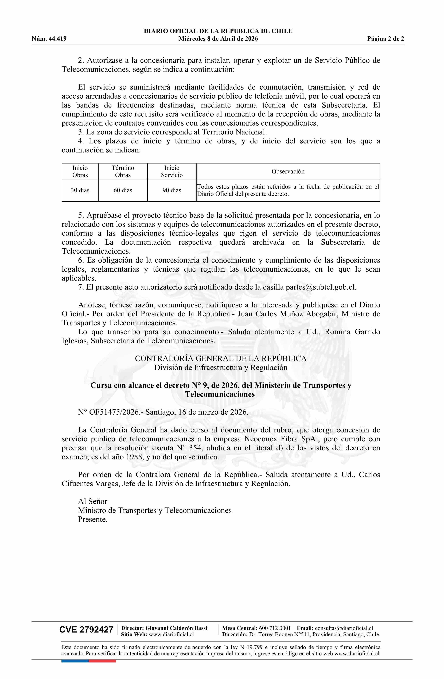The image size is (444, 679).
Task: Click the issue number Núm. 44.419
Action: click(49, 39)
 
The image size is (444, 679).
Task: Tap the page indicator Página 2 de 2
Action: click(385, 39)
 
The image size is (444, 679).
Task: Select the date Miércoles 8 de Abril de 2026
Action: click(218, 39)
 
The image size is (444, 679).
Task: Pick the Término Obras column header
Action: click(123, 171)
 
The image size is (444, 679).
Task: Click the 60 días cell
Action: click(123, 190)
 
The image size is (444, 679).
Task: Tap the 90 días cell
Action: click(172, 190)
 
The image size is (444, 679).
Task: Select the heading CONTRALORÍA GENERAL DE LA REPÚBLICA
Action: click(221, 359)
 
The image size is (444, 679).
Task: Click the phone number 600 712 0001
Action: click(275, 628)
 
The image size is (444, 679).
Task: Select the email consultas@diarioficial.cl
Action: click(344, 628)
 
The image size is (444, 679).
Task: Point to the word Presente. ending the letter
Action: click(93, 519)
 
